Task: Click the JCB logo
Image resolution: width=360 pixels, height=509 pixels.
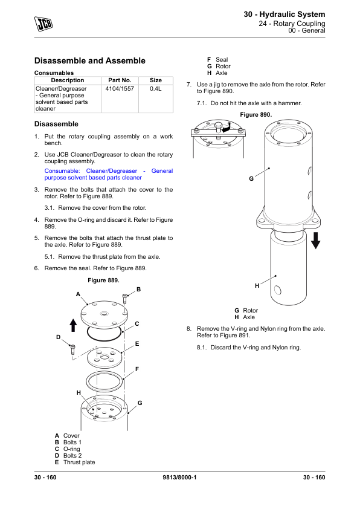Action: coord(43,24)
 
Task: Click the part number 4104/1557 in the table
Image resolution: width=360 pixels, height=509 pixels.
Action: coord(120,89)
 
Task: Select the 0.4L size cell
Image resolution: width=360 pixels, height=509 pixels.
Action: coord(156,89)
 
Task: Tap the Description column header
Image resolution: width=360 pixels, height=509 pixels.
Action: coord(68,80)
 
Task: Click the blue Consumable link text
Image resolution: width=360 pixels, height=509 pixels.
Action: coord(109,174)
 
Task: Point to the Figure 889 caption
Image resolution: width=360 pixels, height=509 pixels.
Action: coord(103,280)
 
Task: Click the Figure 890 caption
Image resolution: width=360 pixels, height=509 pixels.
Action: coord(256,115)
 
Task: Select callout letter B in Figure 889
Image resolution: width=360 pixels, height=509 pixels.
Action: coord(138,289)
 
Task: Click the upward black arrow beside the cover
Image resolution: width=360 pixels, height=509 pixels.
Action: coord(73,325)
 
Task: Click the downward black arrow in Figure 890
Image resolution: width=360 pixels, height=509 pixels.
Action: coord(315,241)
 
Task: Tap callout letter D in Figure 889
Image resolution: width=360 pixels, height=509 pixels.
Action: coord(59,337)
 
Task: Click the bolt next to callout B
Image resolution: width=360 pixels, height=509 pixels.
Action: coord(124,298)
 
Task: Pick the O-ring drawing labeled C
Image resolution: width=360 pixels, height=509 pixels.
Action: coord(104,333)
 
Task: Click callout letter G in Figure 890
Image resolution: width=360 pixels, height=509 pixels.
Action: coord(251,178)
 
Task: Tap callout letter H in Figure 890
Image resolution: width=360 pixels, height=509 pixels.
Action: coord(257,286)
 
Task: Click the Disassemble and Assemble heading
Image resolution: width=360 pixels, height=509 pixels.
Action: coord(90,60)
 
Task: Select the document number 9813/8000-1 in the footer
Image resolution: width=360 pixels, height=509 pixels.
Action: coord(179,477)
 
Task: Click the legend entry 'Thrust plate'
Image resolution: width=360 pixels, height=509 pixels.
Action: coord(79,462)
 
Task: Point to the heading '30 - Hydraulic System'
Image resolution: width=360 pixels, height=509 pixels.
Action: coord(284,15)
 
